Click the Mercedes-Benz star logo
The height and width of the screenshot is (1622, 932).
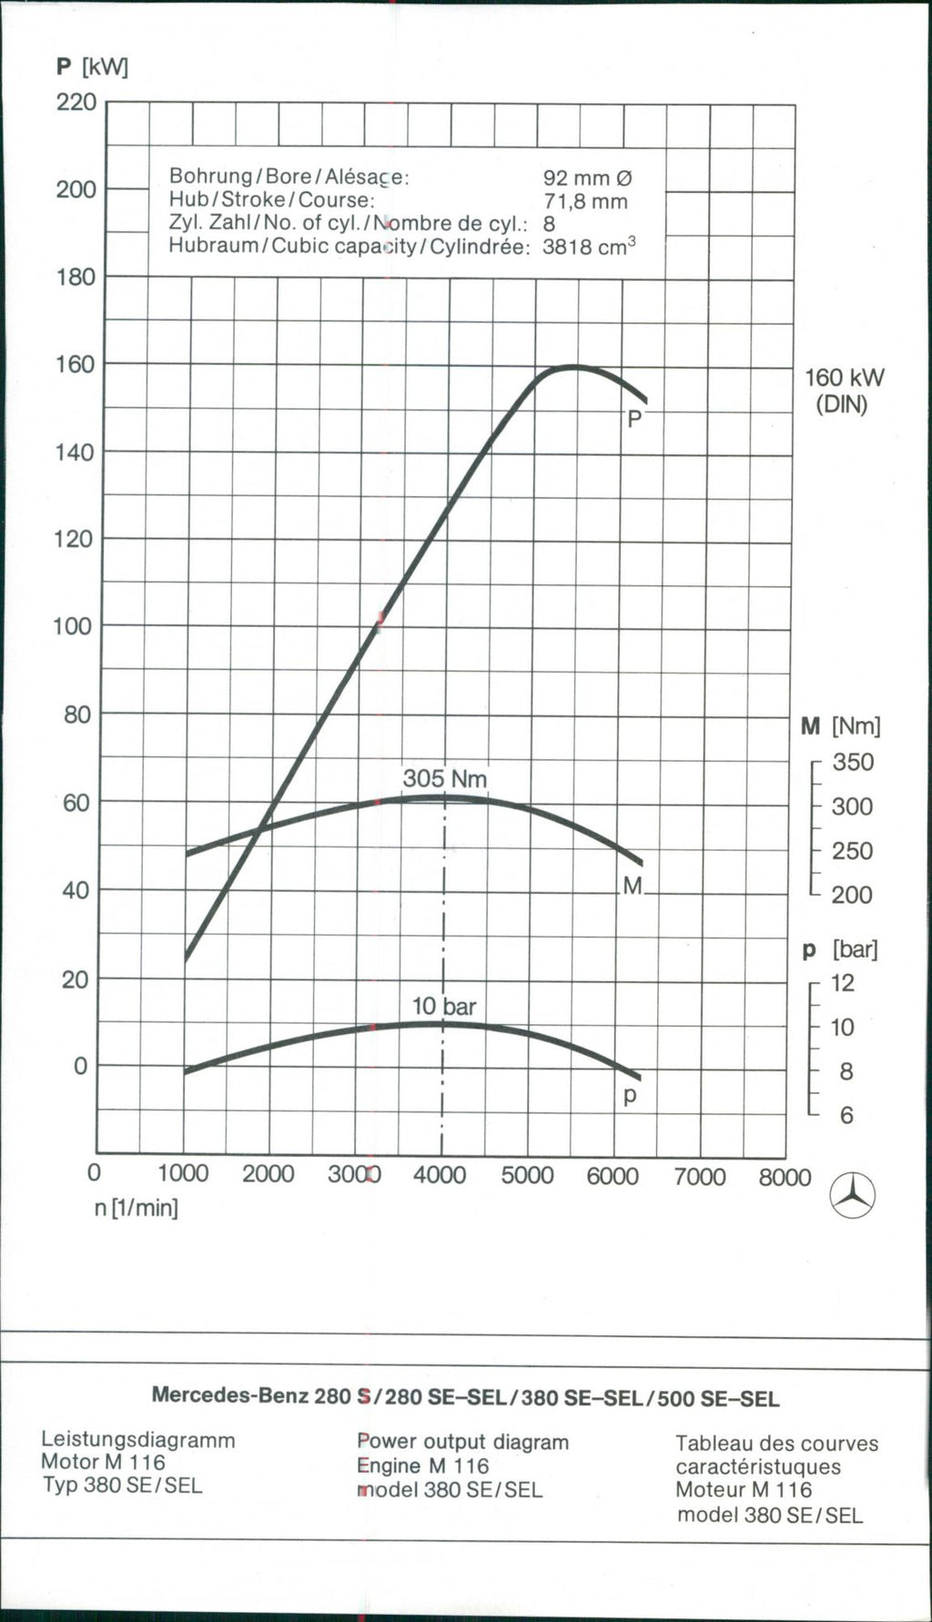[x=854, y=1195]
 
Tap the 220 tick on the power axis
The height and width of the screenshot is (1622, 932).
[x=76, y=102]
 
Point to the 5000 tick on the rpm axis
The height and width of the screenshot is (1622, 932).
[x=527, y=1175]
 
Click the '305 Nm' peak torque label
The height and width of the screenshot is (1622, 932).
[x=445, y=779]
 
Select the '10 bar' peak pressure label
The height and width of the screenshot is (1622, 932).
[x=444, y=1006]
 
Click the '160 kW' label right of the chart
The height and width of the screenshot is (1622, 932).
[x=844, y=378]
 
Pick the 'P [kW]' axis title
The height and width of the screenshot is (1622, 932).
[x=92, y=67]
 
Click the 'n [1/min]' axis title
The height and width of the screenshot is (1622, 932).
[x=137, y=1208]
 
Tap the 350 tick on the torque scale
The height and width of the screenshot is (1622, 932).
[x=853, y=762]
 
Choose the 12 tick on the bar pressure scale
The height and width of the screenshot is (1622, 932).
[x=843, y=983]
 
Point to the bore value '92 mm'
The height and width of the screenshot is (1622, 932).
[x=587, y=177]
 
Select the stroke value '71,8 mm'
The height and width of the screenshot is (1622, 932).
[x=585, y=201]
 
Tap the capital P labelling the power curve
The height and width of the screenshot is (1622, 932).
[x=634, y=419]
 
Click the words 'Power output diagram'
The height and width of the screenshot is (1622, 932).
[x=462, y=1442]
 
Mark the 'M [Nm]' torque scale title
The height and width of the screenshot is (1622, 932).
[x=841, y=726]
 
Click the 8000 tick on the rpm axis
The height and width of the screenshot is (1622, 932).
[x=785, y=1177]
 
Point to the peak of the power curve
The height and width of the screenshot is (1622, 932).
[x=573, y=367]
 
